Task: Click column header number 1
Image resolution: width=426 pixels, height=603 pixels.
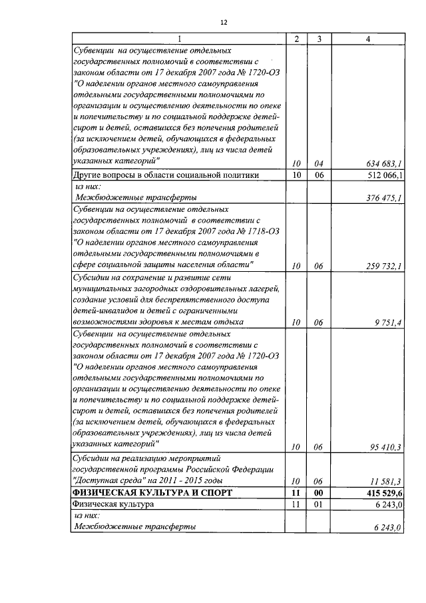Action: tap(178, 39)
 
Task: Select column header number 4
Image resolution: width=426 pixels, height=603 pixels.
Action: tap(368, 39)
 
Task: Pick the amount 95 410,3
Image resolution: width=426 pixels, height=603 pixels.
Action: tap(386, 447)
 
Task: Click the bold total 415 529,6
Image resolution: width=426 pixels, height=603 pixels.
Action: tap(383, 492)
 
